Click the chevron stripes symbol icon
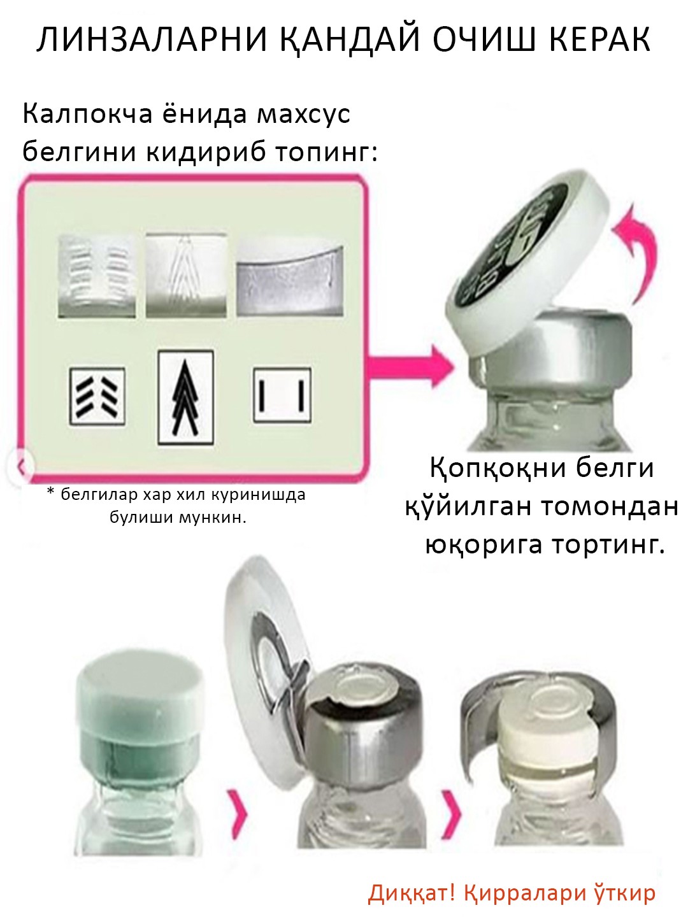(97, 396)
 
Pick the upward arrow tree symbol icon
(185, 397)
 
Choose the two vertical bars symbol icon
(282, 395)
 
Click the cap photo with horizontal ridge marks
(96, 276)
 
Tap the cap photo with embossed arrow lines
(185, 275)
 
